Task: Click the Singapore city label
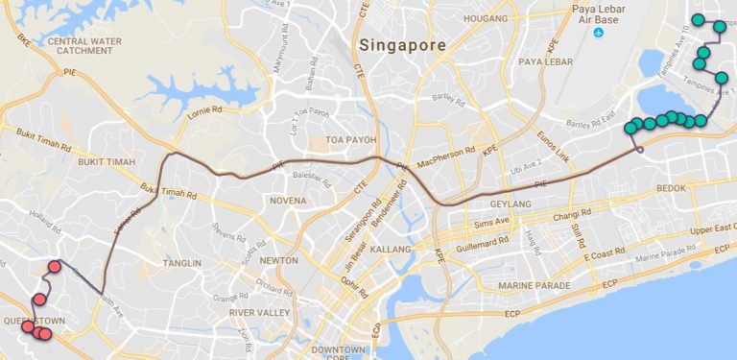(x=402, y=45)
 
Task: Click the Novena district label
(x=287, y=201)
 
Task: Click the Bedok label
(x=672, y=188)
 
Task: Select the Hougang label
(x=485, y=17)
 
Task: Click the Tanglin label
(x=182, y=263)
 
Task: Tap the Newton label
(x=278, y=260)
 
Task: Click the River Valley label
(x=259, y=313)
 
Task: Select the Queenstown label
(x=33, y=320)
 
